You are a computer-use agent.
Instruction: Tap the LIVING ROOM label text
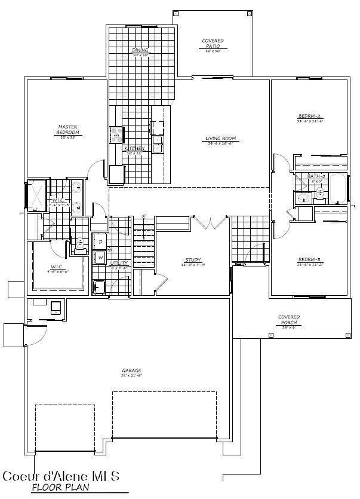tap(221, 139)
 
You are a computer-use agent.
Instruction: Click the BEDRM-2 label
tap(310, 116)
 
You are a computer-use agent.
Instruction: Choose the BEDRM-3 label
tap(310, 260)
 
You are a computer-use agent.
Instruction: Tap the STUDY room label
tap(192, 260)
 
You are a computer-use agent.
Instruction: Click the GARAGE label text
tap(130, 371)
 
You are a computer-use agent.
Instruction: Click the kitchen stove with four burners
tap(116, 135)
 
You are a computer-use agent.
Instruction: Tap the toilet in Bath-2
tap(320, 192)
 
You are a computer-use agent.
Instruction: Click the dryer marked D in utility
tap(100, 241)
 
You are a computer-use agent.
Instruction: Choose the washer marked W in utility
tap(100, 258)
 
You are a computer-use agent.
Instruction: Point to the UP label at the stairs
tap(144, 216)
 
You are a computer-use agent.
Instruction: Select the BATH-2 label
tap(316, 177)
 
